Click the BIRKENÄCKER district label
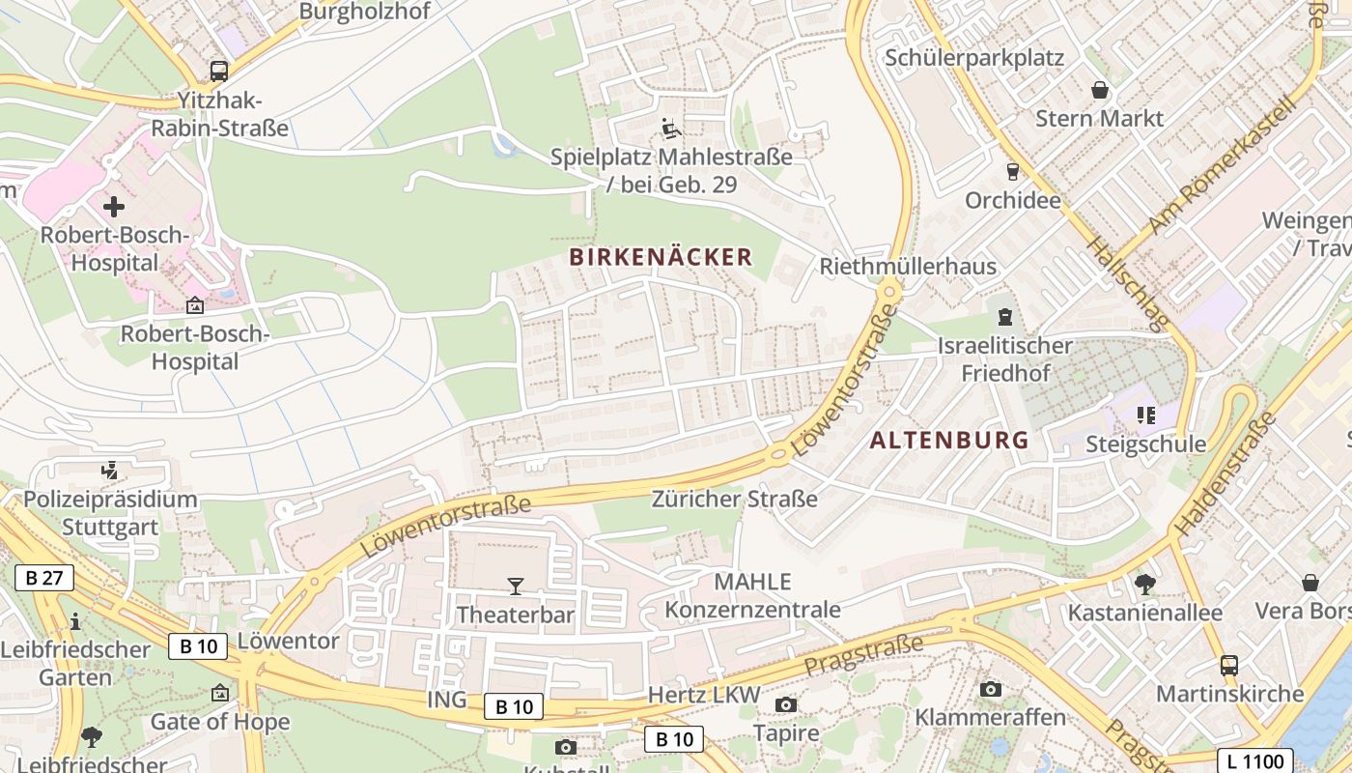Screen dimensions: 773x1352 (661, 257)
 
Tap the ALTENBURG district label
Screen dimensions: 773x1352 (949, 441)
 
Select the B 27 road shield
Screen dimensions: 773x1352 (44, 579)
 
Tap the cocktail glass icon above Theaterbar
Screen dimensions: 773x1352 (516, 587)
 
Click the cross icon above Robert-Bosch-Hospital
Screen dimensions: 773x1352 (114, 207)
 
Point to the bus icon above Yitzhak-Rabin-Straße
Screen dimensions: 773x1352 (219, 71)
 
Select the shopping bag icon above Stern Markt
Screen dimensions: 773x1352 (1099, 91)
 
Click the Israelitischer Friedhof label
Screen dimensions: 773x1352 (1005, 358)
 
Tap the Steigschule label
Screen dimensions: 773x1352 (1145, 444)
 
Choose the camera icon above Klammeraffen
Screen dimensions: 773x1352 (990, 689)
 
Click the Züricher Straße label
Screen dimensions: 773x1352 (734, 500)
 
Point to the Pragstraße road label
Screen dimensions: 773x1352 (863, 654)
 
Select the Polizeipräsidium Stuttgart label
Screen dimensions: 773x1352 (110, 513)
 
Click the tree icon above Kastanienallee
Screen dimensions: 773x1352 (1145, 584)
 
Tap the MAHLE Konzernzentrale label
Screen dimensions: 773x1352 (752, 595)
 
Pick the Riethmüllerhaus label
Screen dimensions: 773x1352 (908, 267)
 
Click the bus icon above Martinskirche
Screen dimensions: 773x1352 (1228, 666)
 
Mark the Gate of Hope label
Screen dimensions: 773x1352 (220, 722)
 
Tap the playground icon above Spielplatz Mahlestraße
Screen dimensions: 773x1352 (670, 128)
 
